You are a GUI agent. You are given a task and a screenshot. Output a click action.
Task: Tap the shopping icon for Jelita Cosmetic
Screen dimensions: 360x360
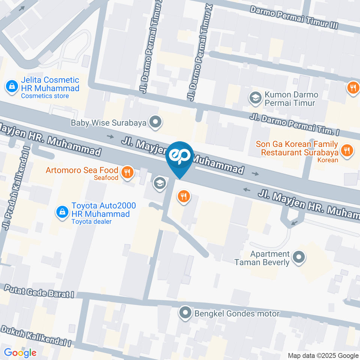tap(12, 86)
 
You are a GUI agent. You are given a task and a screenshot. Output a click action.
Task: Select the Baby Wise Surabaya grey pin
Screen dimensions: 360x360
tap(155, 122)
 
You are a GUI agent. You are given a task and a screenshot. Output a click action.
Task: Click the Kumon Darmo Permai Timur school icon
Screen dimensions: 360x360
tap(255, 98)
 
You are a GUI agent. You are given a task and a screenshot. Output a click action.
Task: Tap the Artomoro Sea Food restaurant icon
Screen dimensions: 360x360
tap(127, 172)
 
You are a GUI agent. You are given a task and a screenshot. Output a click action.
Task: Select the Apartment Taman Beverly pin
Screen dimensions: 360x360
tap(299, 257)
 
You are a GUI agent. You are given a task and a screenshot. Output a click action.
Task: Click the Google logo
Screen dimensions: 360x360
tap(20, 352)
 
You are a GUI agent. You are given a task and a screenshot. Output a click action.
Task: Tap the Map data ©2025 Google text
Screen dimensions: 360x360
tap(323, 355)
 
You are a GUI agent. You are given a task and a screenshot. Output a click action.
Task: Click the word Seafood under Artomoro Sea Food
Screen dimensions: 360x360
tap(106, 178)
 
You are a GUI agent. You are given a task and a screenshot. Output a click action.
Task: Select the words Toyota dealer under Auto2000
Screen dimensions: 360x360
tap(91, 221)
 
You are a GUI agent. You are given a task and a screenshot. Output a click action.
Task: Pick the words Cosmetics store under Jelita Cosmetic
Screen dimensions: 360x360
tap(45, 96)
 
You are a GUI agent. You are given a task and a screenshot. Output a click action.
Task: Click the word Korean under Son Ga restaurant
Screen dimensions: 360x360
tap(328, 160)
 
